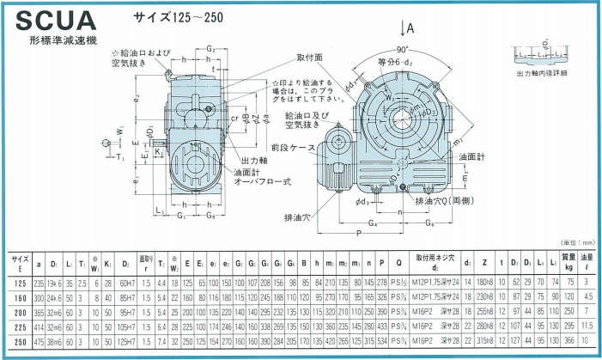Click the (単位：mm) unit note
(575, 244)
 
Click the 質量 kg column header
(569, 260)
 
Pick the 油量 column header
(587, 260)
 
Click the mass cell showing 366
(569, 340)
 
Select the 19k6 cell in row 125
(54, 282)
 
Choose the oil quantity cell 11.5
(587, 327)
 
